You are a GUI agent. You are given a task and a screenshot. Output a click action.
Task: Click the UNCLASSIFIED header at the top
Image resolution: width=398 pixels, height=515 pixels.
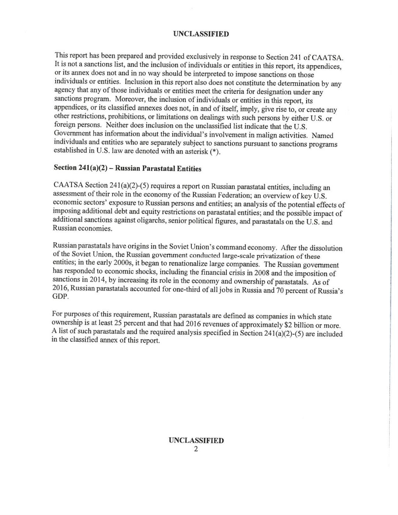coord(201,34)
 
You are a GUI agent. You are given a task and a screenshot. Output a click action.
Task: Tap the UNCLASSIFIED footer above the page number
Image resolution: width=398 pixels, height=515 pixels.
coord(196,441)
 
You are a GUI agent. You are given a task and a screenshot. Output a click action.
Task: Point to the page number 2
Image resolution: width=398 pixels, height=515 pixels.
coord(196,449)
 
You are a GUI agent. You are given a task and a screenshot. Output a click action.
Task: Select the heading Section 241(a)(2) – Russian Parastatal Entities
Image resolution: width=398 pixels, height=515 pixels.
coord(128,168)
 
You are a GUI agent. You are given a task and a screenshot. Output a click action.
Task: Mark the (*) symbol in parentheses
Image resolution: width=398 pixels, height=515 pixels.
coord(214,153)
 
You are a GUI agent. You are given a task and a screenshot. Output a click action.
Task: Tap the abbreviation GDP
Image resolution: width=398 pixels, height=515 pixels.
coord(60,297)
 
